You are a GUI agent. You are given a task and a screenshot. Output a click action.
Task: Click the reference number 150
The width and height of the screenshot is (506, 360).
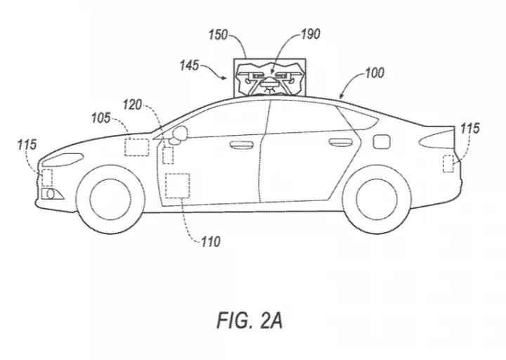(x=218, y=35)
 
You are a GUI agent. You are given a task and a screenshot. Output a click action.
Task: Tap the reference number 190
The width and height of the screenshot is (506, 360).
(x=311, y=34)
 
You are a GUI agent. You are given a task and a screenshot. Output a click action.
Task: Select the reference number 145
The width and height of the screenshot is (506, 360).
(x=189, y=65)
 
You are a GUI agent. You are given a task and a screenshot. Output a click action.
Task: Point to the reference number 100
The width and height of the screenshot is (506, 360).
(x=375, y=73)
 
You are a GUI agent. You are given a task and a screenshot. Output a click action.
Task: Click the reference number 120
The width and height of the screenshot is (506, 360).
(x=132, y=105)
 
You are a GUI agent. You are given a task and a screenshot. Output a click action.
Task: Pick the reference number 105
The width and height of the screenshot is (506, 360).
(x=101, y=118)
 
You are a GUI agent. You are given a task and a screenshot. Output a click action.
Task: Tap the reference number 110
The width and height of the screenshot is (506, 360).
(x=211, y=241)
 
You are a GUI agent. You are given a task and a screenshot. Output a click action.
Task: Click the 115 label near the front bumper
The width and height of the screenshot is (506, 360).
(x=27, y=145)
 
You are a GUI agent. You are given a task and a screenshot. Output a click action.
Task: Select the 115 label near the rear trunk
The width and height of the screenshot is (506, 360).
(x=470, y=128)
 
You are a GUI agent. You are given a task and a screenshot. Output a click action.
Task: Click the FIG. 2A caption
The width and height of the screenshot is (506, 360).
(x=249, y=321)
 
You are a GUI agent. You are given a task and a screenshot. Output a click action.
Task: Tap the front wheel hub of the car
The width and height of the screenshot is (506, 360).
(x=111, y=199)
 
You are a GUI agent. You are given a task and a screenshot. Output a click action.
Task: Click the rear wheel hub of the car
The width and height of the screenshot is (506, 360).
(x=377, y=199)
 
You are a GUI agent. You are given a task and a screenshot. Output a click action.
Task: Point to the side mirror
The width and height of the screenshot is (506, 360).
(x=179, y=134)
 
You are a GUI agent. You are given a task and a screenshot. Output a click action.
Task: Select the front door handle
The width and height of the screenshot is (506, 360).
(x=241, y=145)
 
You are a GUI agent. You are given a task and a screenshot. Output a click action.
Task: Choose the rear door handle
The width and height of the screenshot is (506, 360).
(x=340, y=142)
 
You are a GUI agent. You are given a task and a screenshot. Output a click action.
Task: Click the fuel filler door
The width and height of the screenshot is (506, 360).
(x=381, y=142)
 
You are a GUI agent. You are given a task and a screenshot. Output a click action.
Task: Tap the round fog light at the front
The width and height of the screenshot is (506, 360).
(x=51, y=194)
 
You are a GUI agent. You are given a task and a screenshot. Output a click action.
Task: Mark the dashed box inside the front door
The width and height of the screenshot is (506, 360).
(x=178, y=186)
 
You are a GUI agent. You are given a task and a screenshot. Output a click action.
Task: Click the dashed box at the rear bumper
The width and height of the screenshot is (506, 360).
(x=448, y=164)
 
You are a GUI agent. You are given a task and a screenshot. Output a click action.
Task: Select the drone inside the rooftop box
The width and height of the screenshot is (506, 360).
(x=269, y=79)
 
